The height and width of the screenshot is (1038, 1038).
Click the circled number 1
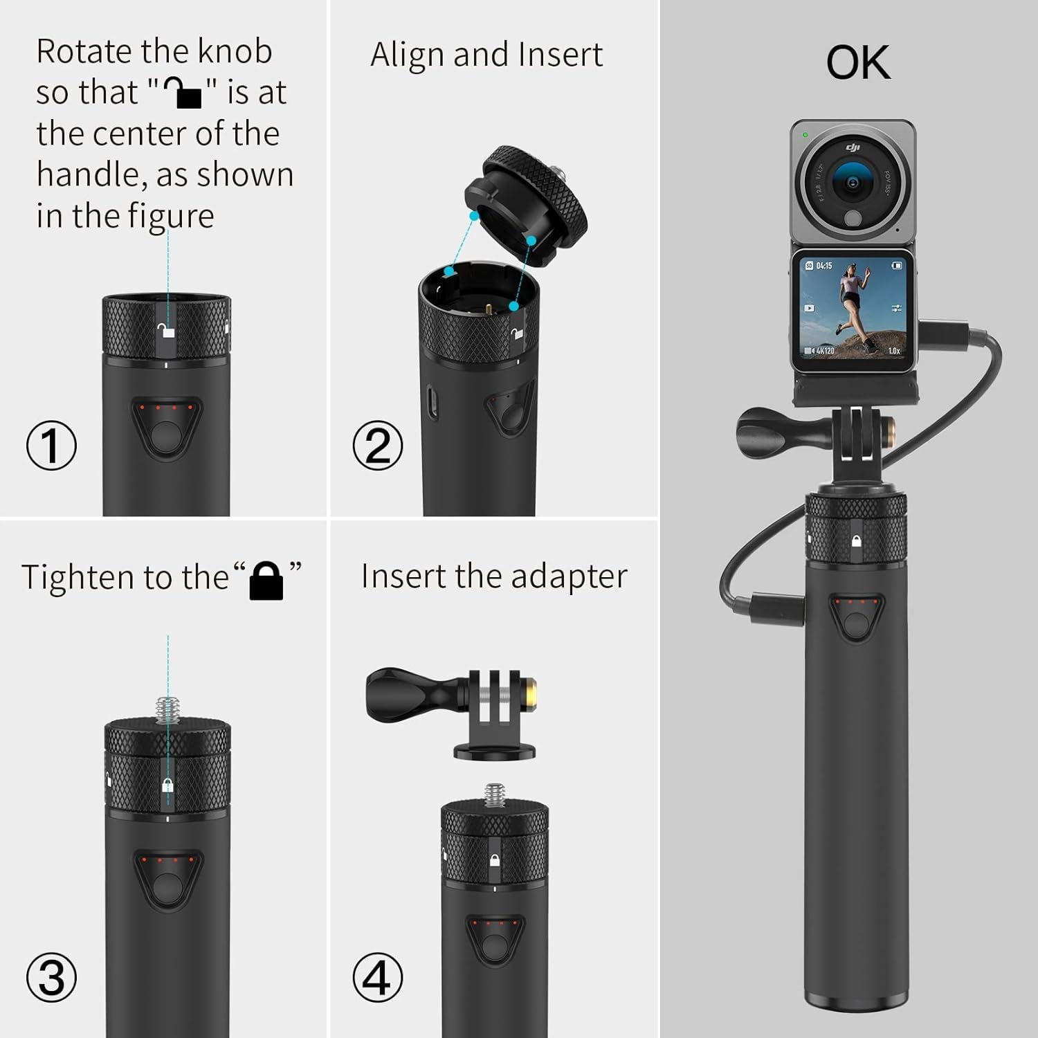51,445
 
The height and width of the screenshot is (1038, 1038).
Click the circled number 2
377,445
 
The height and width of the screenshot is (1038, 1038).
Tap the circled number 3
51,977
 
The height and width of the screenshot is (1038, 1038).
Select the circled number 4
377,977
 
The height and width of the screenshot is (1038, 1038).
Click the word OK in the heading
857,63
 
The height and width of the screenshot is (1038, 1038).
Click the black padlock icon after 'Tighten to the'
266,580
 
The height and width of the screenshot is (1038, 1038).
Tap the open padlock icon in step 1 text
182,93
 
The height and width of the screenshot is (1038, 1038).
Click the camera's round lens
853,182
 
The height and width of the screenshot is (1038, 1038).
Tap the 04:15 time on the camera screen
823,266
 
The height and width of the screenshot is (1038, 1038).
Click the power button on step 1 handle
166,435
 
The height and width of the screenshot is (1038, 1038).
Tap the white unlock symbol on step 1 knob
166,331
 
